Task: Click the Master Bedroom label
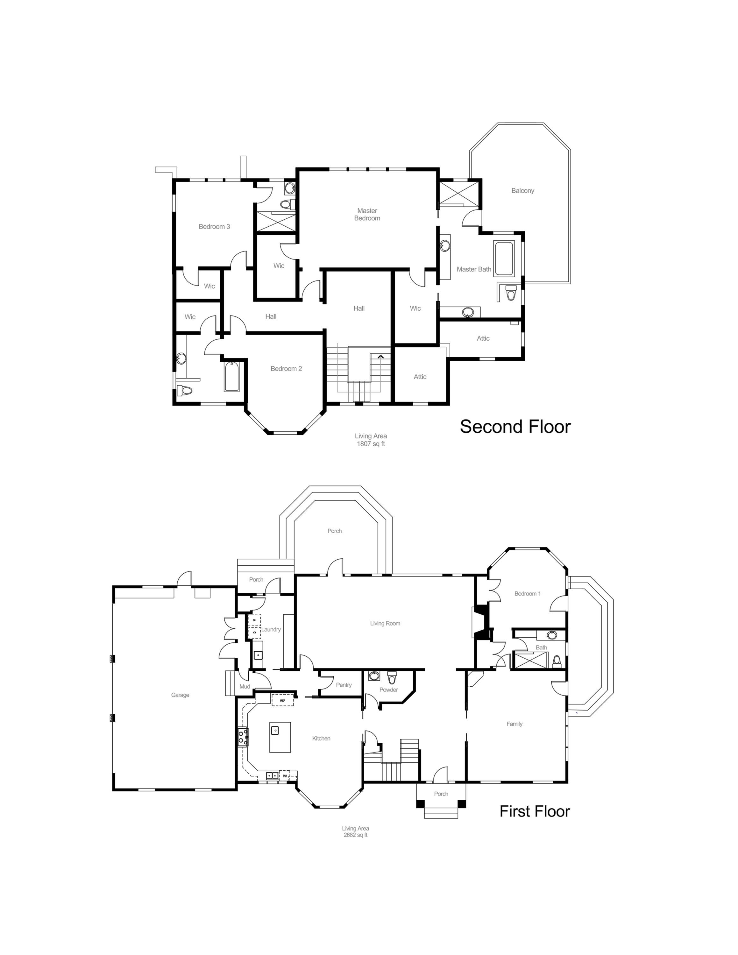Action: tap(367, 214)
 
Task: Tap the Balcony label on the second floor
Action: tap(522, 191)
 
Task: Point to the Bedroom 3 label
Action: tap(214, 227)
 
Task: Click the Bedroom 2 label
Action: tap(286, 369)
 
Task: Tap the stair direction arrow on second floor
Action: tap(380, 357)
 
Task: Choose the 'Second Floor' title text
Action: tap(515, 427)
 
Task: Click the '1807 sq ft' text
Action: tap(371, 444)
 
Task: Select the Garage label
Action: tap(180, 695)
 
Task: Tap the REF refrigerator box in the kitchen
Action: tap(282, 700)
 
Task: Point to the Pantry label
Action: tap(344, 685)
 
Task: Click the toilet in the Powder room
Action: tap(392, 678)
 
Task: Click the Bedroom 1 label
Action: tap(527, 594)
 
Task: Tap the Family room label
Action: tap(514, 724)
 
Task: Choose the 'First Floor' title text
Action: tap(535, 811)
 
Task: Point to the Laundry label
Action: tap(271, 630)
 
